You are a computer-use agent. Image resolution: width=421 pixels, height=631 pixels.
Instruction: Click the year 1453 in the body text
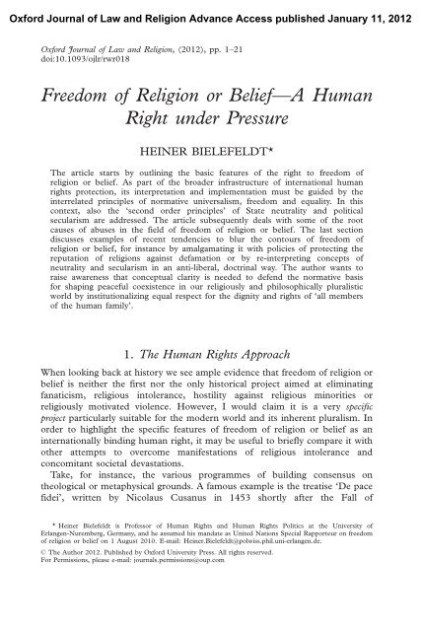[x=251, y=542]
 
